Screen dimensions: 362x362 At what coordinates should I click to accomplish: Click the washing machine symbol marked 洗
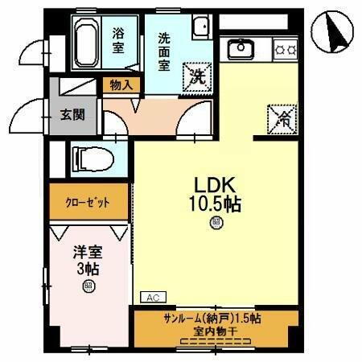(195, 76)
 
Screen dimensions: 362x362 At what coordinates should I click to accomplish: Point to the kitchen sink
(240, 49)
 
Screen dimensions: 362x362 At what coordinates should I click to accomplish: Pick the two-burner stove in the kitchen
(286, 49)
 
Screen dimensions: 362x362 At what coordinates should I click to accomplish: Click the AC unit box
(153, 297)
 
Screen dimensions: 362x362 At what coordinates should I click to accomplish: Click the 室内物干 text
(210, 331)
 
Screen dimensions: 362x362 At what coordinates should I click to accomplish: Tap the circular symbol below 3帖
(86, 285)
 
